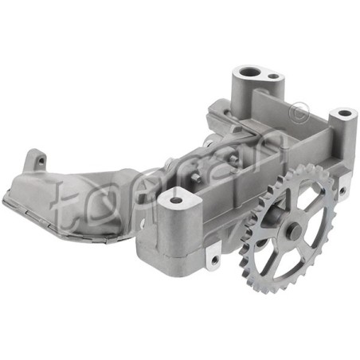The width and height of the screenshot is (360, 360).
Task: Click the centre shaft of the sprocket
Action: click(293, 229)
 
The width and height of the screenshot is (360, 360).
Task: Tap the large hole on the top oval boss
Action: click(248, 72)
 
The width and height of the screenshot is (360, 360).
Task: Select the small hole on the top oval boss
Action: click(273, 76)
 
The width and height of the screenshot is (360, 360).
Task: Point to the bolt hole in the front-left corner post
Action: click(174, 200)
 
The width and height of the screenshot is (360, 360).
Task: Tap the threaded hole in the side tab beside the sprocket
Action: click(342, 190)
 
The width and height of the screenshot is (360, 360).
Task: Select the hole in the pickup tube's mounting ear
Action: click(41, 160)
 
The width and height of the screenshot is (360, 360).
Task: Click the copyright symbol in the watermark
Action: click(299, 113)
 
